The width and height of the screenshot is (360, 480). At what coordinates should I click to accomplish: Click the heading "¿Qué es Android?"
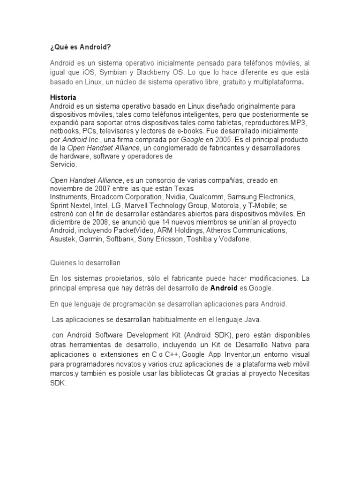[81, 47]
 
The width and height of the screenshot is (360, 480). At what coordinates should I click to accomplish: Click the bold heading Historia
[63, 97]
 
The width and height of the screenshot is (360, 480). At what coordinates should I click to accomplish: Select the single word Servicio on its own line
[63, 165]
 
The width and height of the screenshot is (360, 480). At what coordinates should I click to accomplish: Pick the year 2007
[104, 188]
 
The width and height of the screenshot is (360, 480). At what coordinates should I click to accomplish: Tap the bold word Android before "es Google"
[224, 288]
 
